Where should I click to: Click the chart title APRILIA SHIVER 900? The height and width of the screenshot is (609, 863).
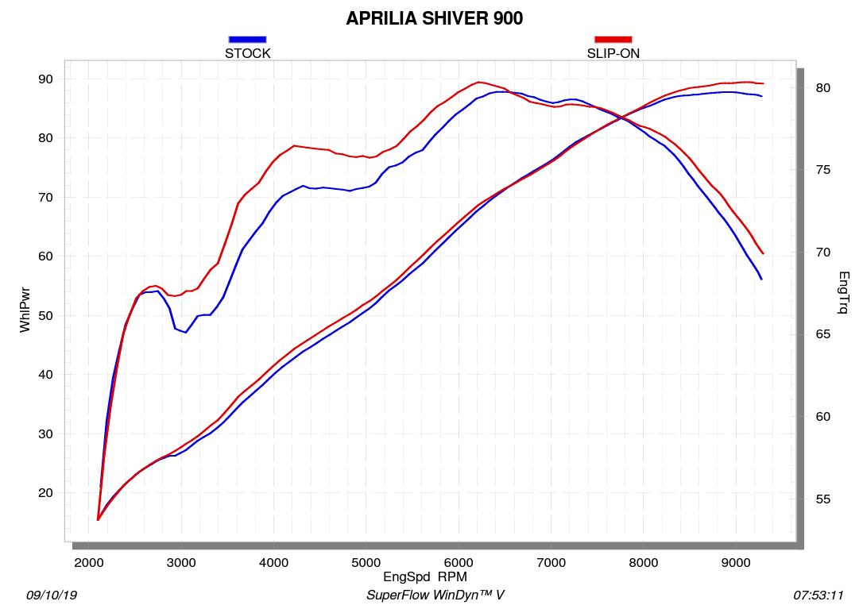coord(434,18)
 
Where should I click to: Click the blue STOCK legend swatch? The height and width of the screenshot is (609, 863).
coord(247,39)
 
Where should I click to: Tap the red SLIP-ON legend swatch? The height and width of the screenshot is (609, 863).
coord(613,39)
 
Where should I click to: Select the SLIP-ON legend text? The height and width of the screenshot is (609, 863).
coord(613,54)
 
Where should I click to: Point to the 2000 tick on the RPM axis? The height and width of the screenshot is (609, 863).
coord(90,562)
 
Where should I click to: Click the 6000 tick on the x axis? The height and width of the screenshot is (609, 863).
coord(458,562)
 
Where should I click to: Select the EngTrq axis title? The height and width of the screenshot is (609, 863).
coord(843,292)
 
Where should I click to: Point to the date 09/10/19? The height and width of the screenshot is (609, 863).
coord(52,595)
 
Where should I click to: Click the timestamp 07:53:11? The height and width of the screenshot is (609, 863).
coord(818,595)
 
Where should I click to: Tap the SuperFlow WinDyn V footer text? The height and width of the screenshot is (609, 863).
coord(435,595)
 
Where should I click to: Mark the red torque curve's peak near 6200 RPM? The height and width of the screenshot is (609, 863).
coord(478,82)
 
